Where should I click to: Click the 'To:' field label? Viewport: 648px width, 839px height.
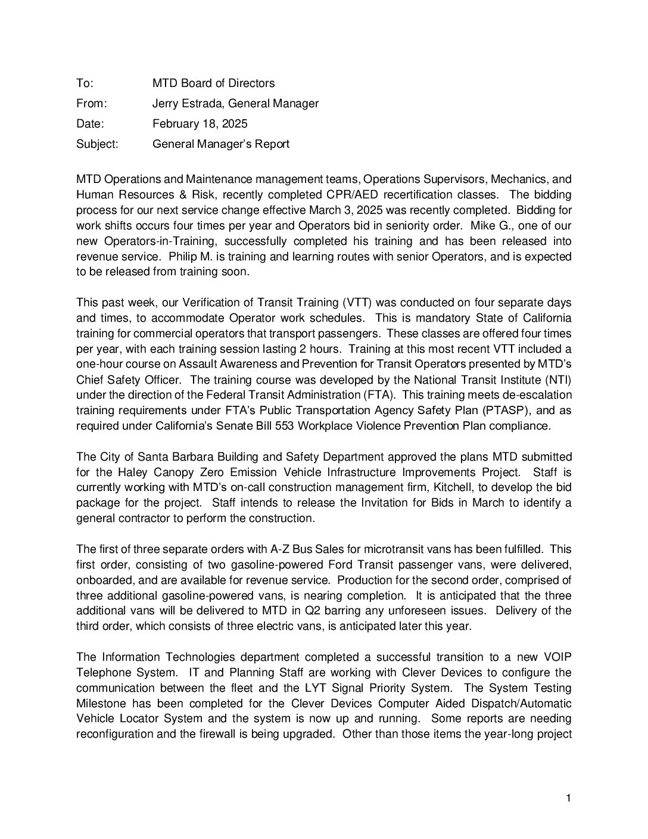(85, 83)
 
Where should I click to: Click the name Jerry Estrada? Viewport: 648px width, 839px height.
(187, 104)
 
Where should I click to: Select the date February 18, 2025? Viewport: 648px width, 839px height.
(200, 124)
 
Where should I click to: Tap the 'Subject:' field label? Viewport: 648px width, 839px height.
(97, 144)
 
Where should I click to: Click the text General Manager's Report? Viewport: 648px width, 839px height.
(221, 144)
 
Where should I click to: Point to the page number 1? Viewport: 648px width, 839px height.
(569, 798)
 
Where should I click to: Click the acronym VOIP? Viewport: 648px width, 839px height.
(556, 657)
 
